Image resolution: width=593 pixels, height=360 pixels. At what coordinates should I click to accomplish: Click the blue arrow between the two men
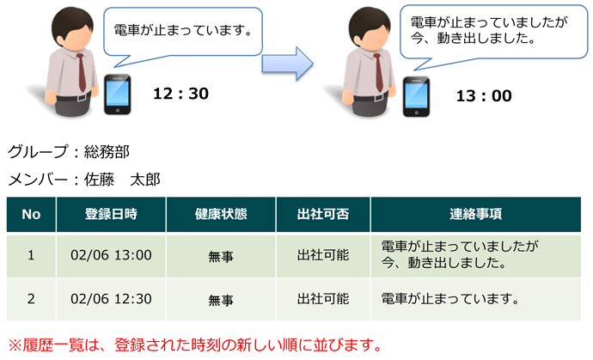pyautogui.click(x=287, y=64)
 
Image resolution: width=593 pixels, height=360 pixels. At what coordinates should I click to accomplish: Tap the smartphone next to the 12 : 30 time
pyautogui.click(x=118, y=95)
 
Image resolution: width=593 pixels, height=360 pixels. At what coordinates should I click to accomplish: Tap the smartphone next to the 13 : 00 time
pyautogui.click(x=416, y=97)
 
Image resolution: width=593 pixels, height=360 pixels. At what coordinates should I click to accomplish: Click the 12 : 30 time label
pyautogui.click(x=180, y=94)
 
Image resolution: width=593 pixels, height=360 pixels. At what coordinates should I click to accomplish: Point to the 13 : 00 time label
pyautogui.click(x=484, y=96)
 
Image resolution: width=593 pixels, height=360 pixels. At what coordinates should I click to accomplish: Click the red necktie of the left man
pyautogui.click(x=82, y=73)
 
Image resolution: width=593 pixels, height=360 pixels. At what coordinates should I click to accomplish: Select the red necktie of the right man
pyautogui.click(x=378, y=73)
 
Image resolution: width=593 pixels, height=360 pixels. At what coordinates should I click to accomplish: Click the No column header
pyautogui.click(x=31, y=215)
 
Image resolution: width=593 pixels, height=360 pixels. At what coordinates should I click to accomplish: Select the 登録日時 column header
pyautogui.click(x=111, y=215)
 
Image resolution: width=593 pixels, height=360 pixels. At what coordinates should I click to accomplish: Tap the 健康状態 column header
pyautogui.click(x=221, y=215)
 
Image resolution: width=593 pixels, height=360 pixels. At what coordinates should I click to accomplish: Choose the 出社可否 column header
pyautogui.click(x=323, y=215)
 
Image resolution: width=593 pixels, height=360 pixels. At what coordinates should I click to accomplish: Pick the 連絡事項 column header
pyautogui.click(x=476, y=215)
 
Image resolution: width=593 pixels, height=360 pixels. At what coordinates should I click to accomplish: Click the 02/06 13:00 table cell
pyautogui.click(x=111, y=255)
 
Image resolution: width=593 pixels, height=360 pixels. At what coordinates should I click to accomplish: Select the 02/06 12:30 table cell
pyautogui.click(x=111, y=299)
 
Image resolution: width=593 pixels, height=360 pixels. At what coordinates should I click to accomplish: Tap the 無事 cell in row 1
pyautogui.click(x=221, y=256)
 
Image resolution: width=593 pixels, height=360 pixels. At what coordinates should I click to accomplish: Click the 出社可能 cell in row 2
pyautogui.click(x=323, y=299)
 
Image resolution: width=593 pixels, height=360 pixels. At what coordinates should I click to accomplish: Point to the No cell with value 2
pyautogui.click(x=31, y=299)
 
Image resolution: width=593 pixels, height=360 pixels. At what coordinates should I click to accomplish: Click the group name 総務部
pyautogui.click(x=107, y=152)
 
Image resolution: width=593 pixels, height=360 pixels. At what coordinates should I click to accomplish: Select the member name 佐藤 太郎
pyautogui.click(x=122, y=180)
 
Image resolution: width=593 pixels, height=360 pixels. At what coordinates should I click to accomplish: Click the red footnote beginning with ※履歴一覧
pyautogui.click(x=196, y=345)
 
